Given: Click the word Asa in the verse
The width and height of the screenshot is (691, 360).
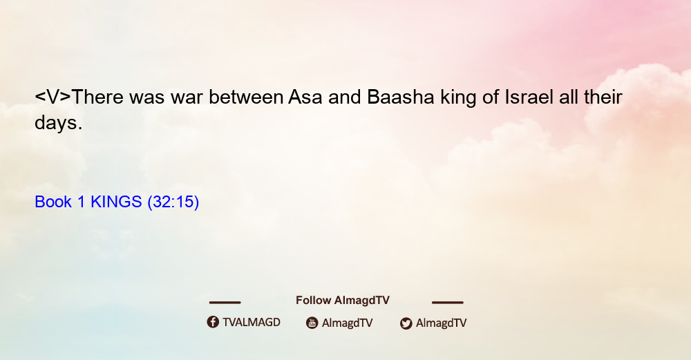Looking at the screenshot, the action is point(305,97).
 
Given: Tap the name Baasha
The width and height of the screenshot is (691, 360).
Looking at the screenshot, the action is point(401,97).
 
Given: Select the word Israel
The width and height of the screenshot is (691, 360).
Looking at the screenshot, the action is point(529,97).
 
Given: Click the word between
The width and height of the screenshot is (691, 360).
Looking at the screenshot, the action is point(246,97).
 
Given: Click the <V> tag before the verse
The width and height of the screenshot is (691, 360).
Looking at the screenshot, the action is point(53,97).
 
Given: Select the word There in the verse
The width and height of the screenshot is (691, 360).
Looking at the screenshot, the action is point(97,97).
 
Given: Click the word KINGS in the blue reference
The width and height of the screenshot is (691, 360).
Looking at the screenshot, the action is point(116,202).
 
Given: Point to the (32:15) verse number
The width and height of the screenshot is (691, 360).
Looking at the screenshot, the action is point(173,202).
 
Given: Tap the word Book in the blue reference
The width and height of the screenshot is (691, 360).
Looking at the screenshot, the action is point(53,202).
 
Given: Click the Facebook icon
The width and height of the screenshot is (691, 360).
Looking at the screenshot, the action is point(213,322).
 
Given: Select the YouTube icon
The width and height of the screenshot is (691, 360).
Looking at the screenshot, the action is point(312,323).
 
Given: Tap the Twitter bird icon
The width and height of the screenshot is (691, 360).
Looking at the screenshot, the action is point(406,323).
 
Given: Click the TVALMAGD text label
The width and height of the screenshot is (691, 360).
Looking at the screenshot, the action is point(252,322).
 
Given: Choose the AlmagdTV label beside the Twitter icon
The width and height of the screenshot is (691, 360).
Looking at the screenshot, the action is point(441,323).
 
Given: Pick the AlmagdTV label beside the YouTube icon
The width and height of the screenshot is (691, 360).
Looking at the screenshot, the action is point(348,323).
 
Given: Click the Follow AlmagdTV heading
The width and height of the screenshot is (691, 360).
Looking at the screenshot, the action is point(343,300).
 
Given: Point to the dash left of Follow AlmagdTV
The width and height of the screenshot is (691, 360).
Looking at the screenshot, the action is point(225,302).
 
